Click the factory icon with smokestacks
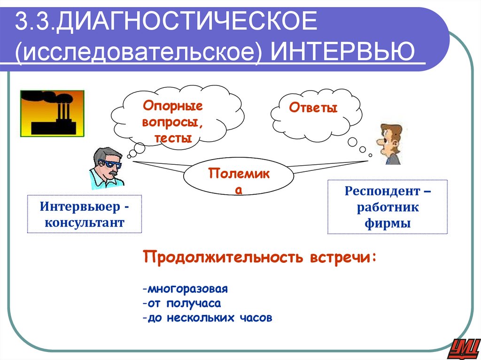(x=52, y=113)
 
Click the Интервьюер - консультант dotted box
(x=85, y=214)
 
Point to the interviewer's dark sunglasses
(x=112, y=165)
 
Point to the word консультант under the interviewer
(x=85, y=222)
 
